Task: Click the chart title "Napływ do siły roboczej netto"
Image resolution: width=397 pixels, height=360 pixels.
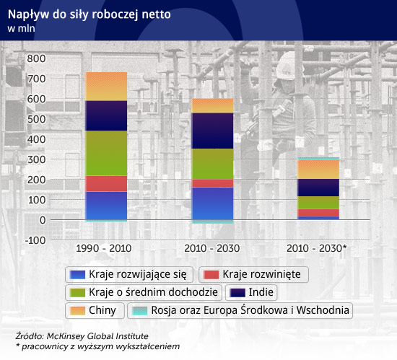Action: coord(89,14)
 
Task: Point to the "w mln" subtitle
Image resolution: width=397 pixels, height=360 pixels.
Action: coord(21,28)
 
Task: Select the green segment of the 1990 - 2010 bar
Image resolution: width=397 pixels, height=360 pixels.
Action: coord(106,153)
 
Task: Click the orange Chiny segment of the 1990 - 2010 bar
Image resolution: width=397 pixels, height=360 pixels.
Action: coord(106,87)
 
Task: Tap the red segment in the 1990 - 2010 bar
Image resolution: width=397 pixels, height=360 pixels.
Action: coord(106,184)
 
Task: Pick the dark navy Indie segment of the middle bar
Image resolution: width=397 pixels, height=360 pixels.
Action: coord(213,131)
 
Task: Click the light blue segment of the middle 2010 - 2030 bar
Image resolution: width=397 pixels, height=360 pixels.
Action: coord(213,221)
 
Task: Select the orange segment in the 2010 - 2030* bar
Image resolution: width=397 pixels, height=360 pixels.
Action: coord(318,170)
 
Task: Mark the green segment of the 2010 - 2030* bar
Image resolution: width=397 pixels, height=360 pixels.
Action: coord(318,203)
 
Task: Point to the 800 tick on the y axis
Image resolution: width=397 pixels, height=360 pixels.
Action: coord(37,58)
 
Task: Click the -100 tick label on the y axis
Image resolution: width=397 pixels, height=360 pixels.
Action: coord(35,240)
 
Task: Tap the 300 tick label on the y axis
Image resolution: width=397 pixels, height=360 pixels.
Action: coord(37,159)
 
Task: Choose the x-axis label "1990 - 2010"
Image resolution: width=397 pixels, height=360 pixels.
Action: coord(104,248)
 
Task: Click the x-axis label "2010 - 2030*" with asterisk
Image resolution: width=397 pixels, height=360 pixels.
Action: coord(316,248)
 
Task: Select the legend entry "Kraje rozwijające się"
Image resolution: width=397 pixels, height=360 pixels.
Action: coord(129,274)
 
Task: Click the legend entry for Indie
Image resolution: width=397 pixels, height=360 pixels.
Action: coord(251,292)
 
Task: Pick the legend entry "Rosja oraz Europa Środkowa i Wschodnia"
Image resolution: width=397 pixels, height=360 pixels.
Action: coord(240,310)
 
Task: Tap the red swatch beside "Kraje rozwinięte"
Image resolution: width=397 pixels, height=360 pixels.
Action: coord(211,275)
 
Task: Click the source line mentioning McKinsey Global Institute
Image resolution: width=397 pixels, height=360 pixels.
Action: coord(82,336)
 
